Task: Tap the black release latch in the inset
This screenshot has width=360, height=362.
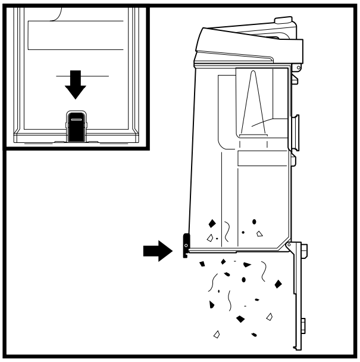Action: pyautogui.click(x=76, y=125)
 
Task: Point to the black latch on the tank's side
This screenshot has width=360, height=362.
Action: pyautogui.click(x=185, y=244)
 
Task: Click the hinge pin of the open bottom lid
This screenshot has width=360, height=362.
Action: pyautogui.click(x=290, y=244)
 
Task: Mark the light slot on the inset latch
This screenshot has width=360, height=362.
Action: pyautogui.click(x=76, y=119)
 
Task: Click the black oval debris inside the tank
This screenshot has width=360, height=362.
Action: pyautogui.click(x=255, y=222)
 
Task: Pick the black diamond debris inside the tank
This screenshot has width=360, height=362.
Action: pyautogui.click(x=211, y=224)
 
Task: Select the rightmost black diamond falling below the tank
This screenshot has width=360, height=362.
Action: pyautogui.click(x=278, y=283)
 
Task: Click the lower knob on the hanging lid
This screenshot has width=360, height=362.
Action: pyautogui.click(x=303, y=325)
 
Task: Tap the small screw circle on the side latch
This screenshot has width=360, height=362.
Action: pyautogui.click(x=186, y=245)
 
